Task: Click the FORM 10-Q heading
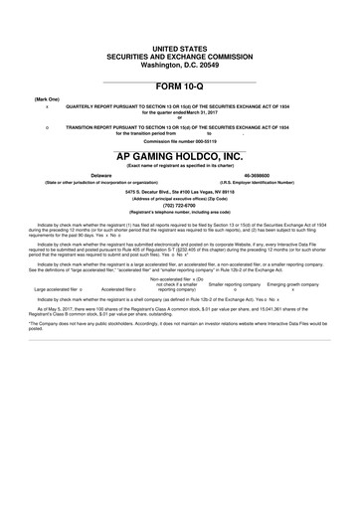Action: pos(180,87)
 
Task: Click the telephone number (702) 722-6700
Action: pos(180,204)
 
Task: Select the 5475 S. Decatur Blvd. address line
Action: pos(180,189)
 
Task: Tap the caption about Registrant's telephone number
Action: pos(180,213)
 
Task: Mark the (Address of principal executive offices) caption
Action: pos(180,197)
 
